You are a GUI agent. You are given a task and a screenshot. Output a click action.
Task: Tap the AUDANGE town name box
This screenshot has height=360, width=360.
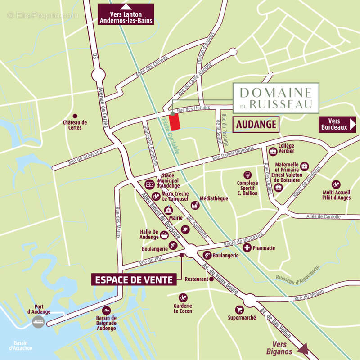click(x=256, y=125)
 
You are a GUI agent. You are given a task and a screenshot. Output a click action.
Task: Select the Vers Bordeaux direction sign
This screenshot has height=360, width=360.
click(x=337, y=124)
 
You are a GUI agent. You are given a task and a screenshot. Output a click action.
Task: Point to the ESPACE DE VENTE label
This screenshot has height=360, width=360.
click(x=133, y=279)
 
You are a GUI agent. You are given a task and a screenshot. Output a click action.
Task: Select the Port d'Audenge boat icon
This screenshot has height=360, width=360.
click(x=38, y=321)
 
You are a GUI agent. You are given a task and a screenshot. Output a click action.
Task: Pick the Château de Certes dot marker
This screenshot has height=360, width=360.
click(x=75, y=116)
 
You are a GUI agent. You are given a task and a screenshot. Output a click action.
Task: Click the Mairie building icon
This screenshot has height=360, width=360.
click(x=169, y=210)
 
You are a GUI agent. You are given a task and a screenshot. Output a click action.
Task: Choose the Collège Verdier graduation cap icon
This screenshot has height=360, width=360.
click(x=273, y=151)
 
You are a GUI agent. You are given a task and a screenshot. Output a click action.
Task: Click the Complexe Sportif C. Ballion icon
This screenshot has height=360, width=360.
click(x=247, y=175)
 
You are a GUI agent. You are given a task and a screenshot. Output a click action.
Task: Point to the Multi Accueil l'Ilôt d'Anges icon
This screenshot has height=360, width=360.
click(x=336, y=184)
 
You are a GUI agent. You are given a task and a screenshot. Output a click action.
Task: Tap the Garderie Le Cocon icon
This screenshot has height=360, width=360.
click(x=183, y=297)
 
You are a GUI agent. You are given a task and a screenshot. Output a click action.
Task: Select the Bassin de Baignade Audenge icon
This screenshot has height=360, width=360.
click(x=107, y=310)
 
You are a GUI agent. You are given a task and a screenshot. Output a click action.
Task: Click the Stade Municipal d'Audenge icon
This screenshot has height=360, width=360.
click(x=149, y=184)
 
